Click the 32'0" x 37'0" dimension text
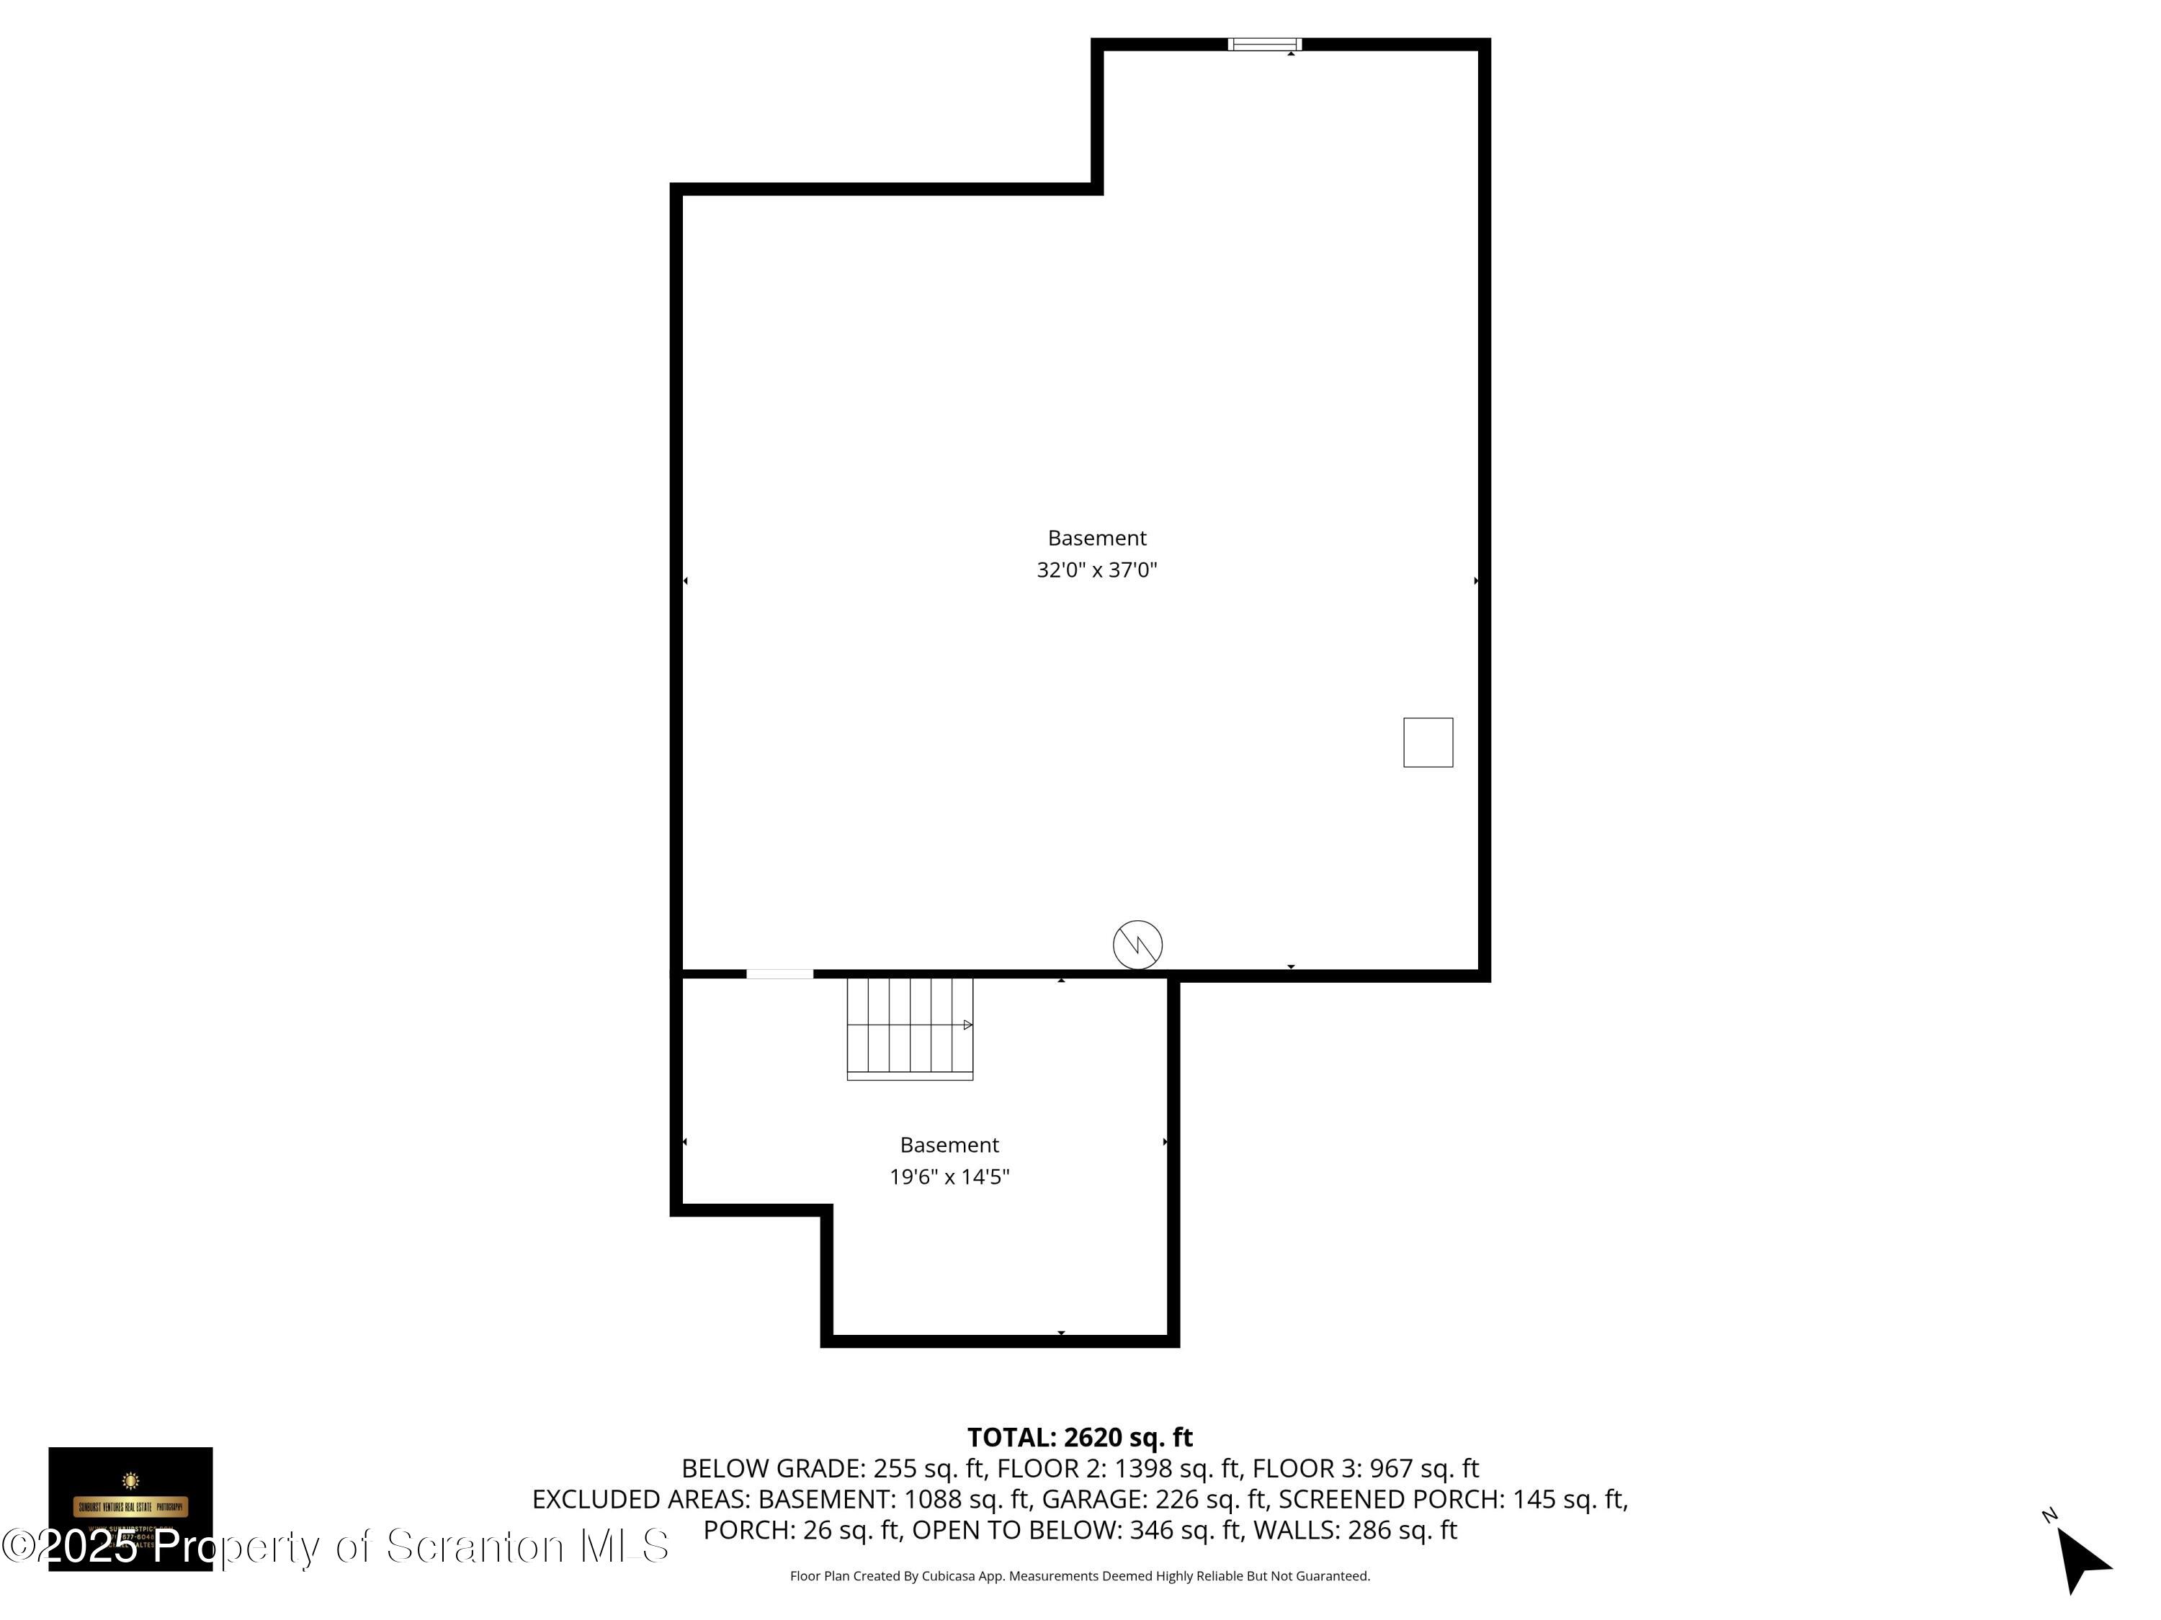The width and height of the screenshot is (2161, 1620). (1096, 570)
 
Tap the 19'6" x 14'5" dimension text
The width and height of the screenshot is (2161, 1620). (949, 1176)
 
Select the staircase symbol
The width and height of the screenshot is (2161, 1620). (910, 1027)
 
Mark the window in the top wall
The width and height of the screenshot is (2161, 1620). (1264, 44)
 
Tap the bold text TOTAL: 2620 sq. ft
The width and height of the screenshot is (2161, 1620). (1080, 1437)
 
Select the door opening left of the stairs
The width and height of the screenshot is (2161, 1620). (779, 973)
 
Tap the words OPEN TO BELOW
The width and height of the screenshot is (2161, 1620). (1016, 1530)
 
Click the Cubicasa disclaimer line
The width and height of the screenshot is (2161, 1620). (1080, 1576)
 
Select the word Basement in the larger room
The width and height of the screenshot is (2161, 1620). (1096, 538)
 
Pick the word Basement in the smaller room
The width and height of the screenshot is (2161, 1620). (949, 1145)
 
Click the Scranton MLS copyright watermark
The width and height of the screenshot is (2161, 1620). (335, 1546)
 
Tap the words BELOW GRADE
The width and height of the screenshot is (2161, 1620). (771, 1469)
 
